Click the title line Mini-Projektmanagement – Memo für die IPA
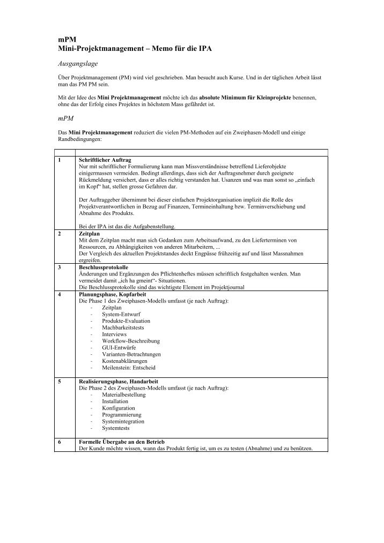click(135, 49)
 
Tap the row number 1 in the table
click(59, 160)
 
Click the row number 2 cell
click(59, 234)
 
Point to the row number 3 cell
click(59, 267)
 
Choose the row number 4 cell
click(59, 294)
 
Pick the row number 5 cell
click(59, 381)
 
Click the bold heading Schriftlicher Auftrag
click(105, 160)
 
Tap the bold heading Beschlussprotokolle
click(104, 267)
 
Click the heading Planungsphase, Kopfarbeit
click(111, 294)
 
